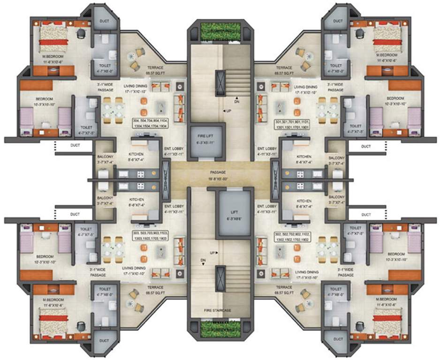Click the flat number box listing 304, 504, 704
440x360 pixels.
[149, 123]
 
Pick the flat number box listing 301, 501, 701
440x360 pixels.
[291, 123]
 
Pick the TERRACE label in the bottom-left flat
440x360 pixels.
[155, 289]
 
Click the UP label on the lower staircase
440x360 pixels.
[212, 253]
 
